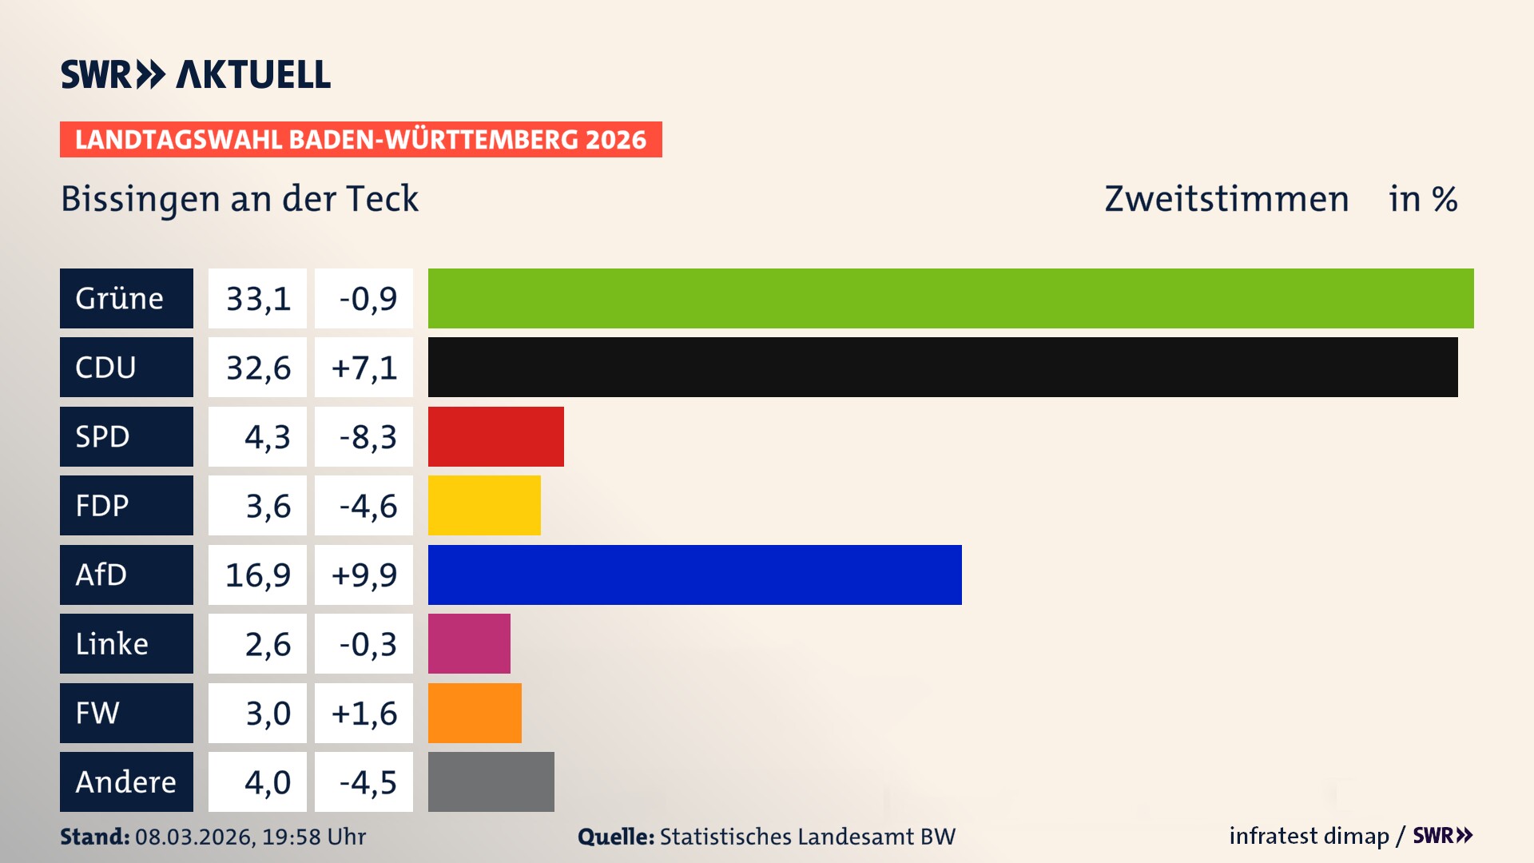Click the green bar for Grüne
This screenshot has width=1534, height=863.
(951, 298)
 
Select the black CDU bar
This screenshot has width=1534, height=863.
(943, 368)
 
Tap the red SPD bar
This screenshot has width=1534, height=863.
(495, 436)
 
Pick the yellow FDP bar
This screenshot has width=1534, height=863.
(484, 506)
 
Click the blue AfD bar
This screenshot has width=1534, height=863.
(694, 575)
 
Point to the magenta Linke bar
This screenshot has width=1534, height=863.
(469, 644)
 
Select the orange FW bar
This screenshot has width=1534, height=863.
(475, 713)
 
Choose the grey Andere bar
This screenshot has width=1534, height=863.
(491, 781)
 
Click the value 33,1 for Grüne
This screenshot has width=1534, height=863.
(257, 299)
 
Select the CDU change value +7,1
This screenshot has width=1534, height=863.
(364, 368)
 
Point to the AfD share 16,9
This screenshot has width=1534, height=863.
(257, 575)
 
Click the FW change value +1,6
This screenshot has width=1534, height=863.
(364, 713)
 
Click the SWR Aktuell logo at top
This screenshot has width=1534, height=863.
(196, 74)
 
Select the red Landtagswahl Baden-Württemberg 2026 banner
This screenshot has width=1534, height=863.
(360, 139)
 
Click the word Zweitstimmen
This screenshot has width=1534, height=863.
(1226, 199)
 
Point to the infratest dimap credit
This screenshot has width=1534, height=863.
(1309, 836)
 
